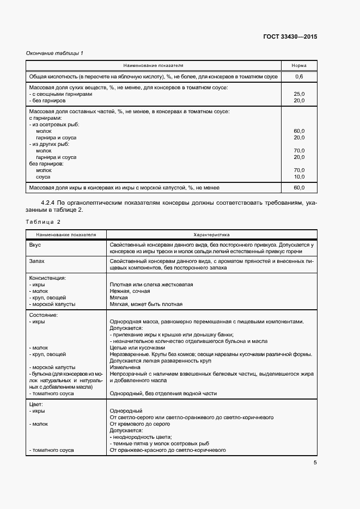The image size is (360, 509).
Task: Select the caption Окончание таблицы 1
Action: [x=54, y=53]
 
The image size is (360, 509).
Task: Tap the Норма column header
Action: [x=299, y=65]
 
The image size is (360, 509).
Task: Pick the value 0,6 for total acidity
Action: [x=299, y=77]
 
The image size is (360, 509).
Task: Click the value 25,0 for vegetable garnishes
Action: [x=299, y=94]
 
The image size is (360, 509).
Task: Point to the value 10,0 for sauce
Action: [x=299, y=177]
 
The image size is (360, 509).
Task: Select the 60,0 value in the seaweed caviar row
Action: [x=299, y=188]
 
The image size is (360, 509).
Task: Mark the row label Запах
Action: [x=37, y=261]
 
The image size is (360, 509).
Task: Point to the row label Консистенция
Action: [x=47, y=278]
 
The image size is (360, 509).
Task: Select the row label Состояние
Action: [x=43, y=315]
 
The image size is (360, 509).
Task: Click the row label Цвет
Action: [x=35, y=404]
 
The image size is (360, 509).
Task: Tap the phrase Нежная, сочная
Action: [x=130, y=291]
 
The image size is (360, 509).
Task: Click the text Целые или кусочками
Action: [x=137, y=347]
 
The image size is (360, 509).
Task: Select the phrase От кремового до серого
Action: [x=140, y=424]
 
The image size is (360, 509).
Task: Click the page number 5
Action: [x=315, y=463]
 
